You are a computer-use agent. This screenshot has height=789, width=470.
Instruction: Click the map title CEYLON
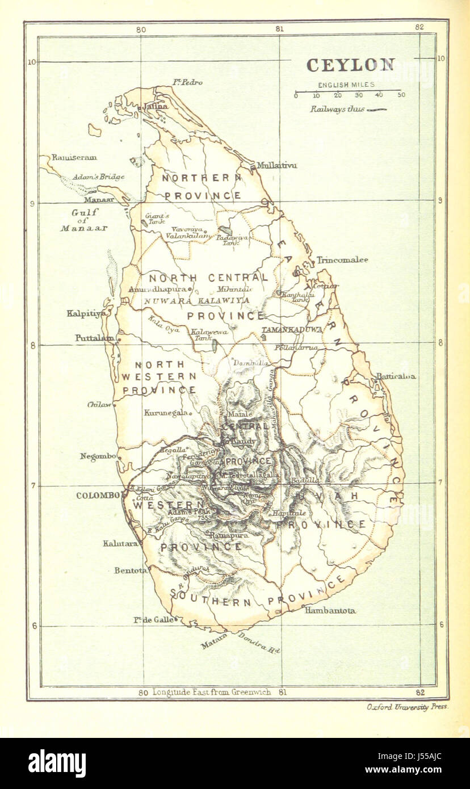pos(350,65)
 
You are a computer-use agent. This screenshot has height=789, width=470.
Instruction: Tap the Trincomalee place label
pos(342,260)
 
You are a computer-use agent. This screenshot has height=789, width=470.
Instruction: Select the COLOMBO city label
pos(98,496)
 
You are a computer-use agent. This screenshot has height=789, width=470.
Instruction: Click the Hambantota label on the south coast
pos(330,610)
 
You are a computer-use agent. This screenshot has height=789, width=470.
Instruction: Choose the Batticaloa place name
pos(395,376)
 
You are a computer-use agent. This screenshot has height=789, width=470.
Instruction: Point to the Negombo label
pos(98,456)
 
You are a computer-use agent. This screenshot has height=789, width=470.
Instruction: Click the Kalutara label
pos(120,543)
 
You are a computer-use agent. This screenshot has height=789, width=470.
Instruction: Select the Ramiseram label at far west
pos(74,157)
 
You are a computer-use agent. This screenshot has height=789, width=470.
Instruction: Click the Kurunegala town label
pos(166,413)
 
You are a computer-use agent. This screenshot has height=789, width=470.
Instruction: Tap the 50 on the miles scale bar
pos(401,95)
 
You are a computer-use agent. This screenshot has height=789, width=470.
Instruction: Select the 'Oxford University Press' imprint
pos(407,707)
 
